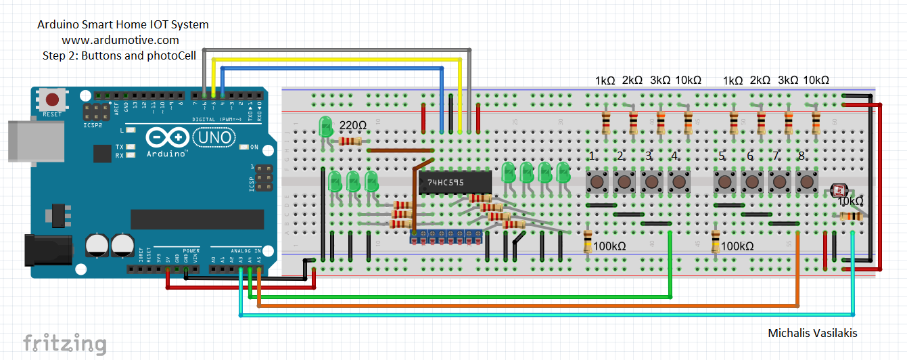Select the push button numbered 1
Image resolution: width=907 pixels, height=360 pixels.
596,181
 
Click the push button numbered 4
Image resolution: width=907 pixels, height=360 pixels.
678,181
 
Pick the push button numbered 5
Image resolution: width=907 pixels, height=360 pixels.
724,181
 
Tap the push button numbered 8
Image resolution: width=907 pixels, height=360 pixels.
806,181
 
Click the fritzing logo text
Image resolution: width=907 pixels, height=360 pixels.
65,342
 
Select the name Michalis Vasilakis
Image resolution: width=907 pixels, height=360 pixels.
812,333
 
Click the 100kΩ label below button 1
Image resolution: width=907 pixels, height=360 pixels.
609,246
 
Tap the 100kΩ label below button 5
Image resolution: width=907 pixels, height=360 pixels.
737,246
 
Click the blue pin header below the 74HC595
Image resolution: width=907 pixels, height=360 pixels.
446,236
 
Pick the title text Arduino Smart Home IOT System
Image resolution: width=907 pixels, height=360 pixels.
122,25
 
